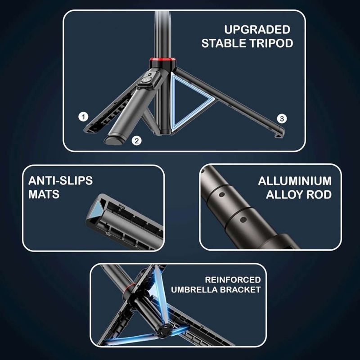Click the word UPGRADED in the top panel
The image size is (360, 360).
[257, 30]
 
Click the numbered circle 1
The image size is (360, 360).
[83, 117]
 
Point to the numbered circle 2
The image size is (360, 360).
[137, 140]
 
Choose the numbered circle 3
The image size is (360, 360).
[282, 119]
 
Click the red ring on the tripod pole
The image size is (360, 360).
[163, 62]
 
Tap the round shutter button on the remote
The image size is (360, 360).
[145, 81]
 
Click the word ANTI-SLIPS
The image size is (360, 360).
[60, 181]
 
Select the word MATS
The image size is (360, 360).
[44, 194]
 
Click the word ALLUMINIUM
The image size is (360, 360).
[295, 181]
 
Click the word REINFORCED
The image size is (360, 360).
[233, 279]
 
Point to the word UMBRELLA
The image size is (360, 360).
[194, 290]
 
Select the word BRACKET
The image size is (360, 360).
[240, 290]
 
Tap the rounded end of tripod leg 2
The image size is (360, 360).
[114, 140]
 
